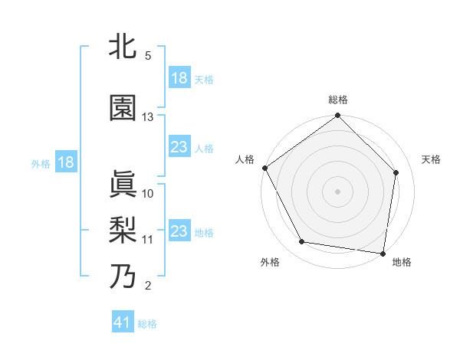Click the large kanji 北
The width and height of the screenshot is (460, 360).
[x=123, y=47]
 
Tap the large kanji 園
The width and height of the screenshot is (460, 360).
[x=123, y=108]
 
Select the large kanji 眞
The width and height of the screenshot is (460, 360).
[x=123, y=183]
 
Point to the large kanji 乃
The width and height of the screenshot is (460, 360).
[x=123, y=275]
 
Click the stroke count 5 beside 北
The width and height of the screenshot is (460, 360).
[x=148, y=56]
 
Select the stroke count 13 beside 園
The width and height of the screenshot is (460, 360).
[x=148, y=117]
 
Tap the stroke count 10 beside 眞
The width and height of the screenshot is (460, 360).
[x=148, y=193]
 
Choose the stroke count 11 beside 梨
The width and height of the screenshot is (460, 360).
[x=148, y=239]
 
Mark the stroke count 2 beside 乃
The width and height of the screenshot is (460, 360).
[x=148, y=286]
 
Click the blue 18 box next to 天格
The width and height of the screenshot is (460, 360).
[x=179, y=78]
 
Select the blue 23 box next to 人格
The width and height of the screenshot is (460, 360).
[x=179, y=147]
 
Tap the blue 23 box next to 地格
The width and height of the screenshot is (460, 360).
[x=179, y=231]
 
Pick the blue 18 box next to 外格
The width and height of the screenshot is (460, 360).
[x=64, y=162]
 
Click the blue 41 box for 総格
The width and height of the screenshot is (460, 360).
[x=123, y=322]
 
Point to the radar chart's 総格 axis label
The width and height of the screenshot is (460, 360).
[x=338, y=100]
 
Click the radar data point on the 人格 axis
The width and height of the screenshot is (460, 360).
[x=265, y=168]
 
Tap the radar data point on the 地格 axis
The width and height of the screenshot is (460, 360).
[x=383, y=253]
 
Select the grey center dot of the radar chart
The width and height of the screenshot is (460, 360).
[x=338, y=191]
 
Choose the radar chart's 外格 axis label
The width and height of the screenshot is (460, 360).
[x=270, y=263]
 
